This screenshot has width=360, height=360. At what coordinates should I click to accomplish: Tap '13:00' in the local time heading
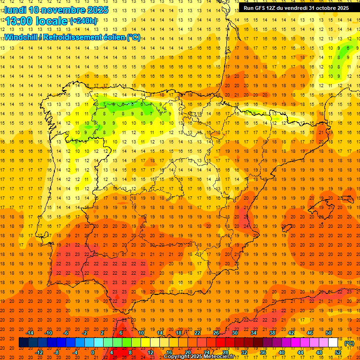tap(19, 21)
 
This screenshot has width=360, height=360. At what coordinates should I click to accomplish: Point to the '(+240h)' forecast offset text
tap(83, 21)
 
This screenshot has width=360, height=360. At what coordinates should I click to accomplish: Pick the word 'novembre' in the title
tap(64, 10)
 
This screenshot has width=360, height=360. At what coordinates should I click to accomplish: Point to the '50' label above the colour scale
tap(329, 333)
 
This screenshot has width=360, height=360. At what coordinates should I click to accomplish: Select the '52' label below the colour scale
tap(338, 352)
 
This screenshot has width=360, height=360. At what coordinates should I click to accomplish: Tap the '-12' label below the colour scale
tap(39, 352)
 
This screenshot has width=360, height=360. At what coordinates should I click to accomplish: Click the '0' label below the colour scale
tap(93, 352)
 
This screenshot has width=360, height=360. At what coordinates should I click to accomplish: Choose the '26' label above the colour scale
tap(216, 333)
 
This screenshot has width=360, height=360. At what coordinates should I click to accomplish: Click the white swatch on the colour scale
tap(333, 343)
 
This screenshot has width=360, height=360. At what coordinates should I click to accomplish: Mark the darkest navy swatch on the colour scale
tap(23, 343)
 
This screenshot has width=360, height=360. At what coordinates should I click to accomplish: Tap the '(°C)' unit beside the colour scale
tap(349, 343)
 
